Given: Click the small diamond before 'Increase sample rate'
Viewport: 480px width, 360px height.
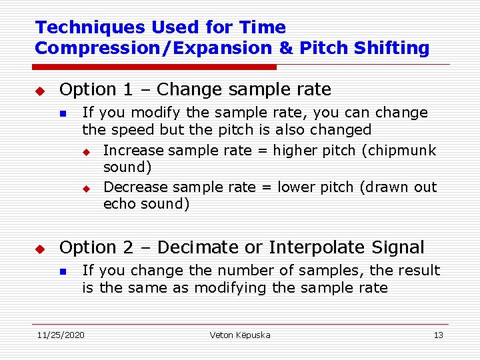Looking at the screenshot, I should pos(85,151).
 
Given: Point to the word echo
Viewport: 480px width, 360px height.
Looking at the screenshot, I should pos(119,204).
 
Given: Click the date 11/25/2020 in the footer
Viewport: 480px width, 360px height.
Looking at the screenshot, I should pos(61,335).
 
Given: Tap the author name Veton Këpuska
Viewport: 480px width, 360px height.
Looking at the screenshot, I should pos(240,335).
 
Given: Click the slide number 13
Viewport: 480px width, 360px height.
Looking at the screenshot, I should pos(438,335).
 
